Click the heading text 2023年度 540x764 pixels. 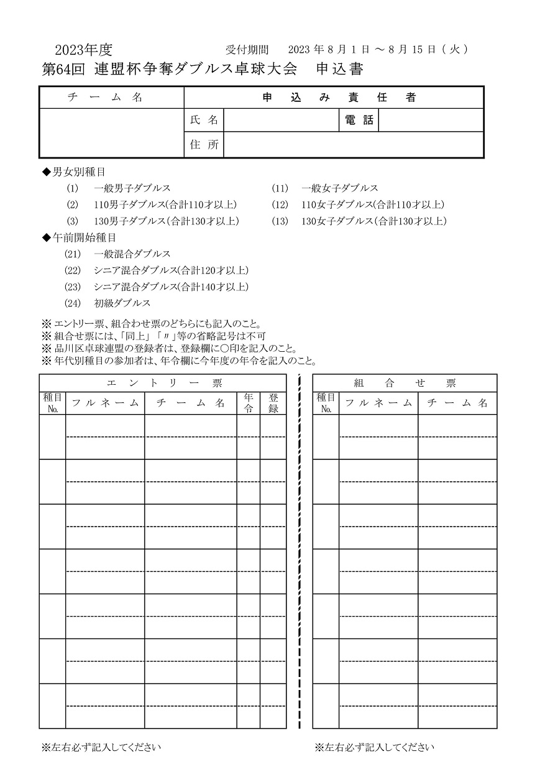[x=83, y=50]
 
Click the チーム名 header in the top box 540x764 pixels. [x=112, y=98]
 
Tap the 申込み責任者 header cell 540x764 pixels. [x=334, y=98]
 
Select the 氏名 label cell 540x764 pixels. [x=204, y=121]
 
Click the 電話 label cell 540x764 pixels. [x=359, y=121]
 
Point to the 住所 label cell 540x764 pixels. [x=204, y=145]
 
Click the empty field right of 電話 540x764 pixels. [x=431, y=121]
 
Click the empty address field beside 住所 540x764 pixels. [x=353, y=145]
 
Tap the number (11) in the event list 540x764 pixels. [x=280, y=188]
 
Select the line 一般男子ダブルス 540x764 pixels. [x=132, y=188]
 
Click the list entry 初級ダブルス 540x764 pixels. [x=122, y=303]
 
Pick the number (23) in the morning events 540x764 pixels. [x=73, y=287]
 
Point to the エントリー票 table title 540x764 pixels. [x=163, y=383]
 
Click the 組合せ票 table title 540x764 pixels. [x=405, y=383]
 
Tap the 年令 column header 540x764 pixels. [x=249, y=403]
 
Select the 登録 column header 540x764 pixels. [x=273, y=403]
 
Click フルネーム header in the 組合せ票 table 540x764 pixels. [x=378, y=403]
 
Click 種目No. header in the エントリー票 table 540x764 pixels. [x=53, y=403]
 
